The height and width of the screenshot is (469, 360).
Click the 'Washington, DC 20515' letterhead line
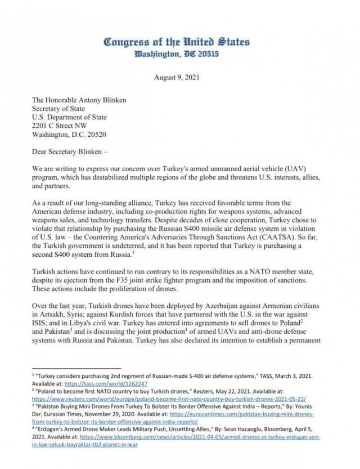(177, 55)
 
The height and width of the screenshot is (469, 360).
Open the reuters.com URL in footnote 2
(174, 395)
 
